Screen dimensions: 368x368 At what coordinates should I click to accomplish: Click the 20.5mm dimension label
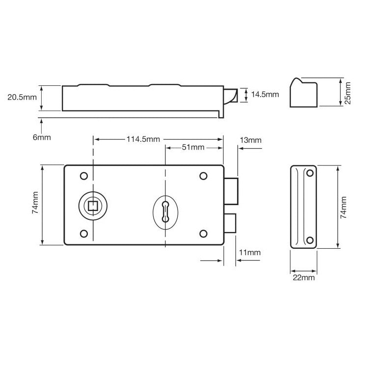(22, 97)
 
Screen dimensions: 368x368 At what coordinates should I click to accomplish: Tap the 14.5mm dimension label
(265, 94)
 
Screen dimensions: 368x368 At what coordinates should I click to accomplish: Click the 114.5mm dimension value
(143, 140)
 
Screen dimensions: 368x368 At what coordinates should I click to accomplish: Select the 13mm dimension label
(250, 140)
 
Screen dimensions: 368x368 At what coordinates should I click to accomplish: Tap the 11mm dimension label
(249, 253)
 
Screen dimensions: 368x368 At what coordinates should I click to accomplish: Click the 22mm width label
(303, 278)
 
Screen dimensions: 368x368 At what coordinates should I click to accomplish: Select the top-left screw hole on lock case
(83, 176)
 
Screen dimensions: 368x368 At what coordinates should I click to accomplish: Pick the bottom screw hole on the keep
(310, 239)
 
